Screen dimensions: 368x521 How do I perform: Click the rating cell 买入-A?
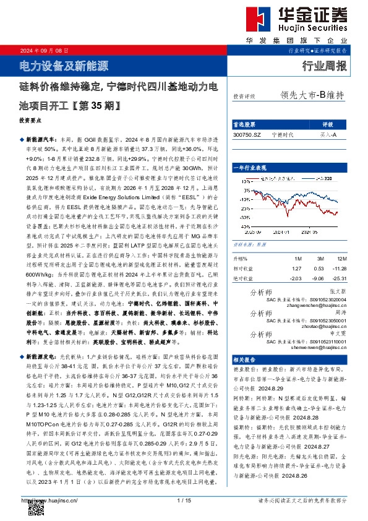coord(328,134)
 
